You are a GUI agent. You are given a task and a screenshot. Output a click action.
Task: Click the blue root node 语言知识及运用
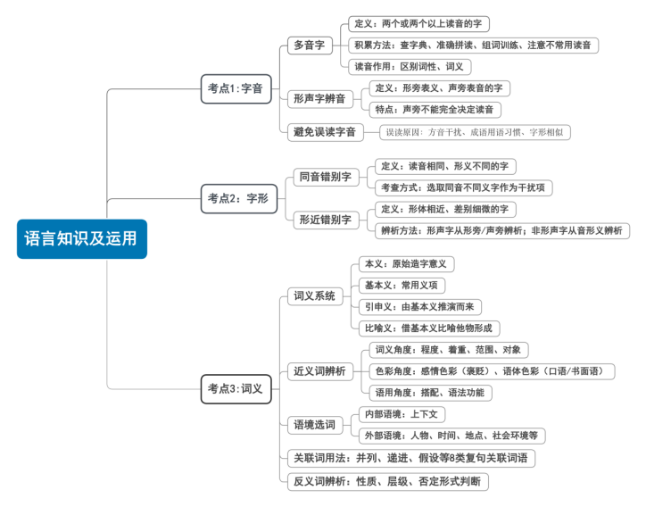click(x=81, y=238)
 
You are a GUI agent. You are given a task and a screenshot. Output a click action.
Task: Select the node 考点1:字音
click(x=236, y=88)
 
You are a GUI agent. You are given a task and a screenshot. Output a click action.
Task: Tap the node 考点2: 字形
click(x=237, y=198)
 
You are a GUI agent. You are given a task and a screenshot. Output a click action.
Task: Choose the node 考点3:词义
click(x=236, y=388)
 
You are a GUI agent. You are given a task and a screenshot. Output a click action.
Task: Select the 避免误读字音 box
click(x=325, y=132)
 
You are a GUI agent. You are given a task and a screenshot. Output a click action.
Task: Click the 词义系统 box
click(x=315, y=296)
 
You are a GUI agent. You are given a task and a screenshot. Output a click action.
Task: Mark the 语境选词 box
click(x=315, y=425)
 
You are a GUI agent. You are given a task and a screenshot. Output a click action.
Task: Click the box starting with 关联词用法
click(x=411, y=458)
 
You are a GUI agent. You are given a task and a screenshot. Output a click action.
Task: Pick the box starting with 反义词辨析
click(x=388, y=482)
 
